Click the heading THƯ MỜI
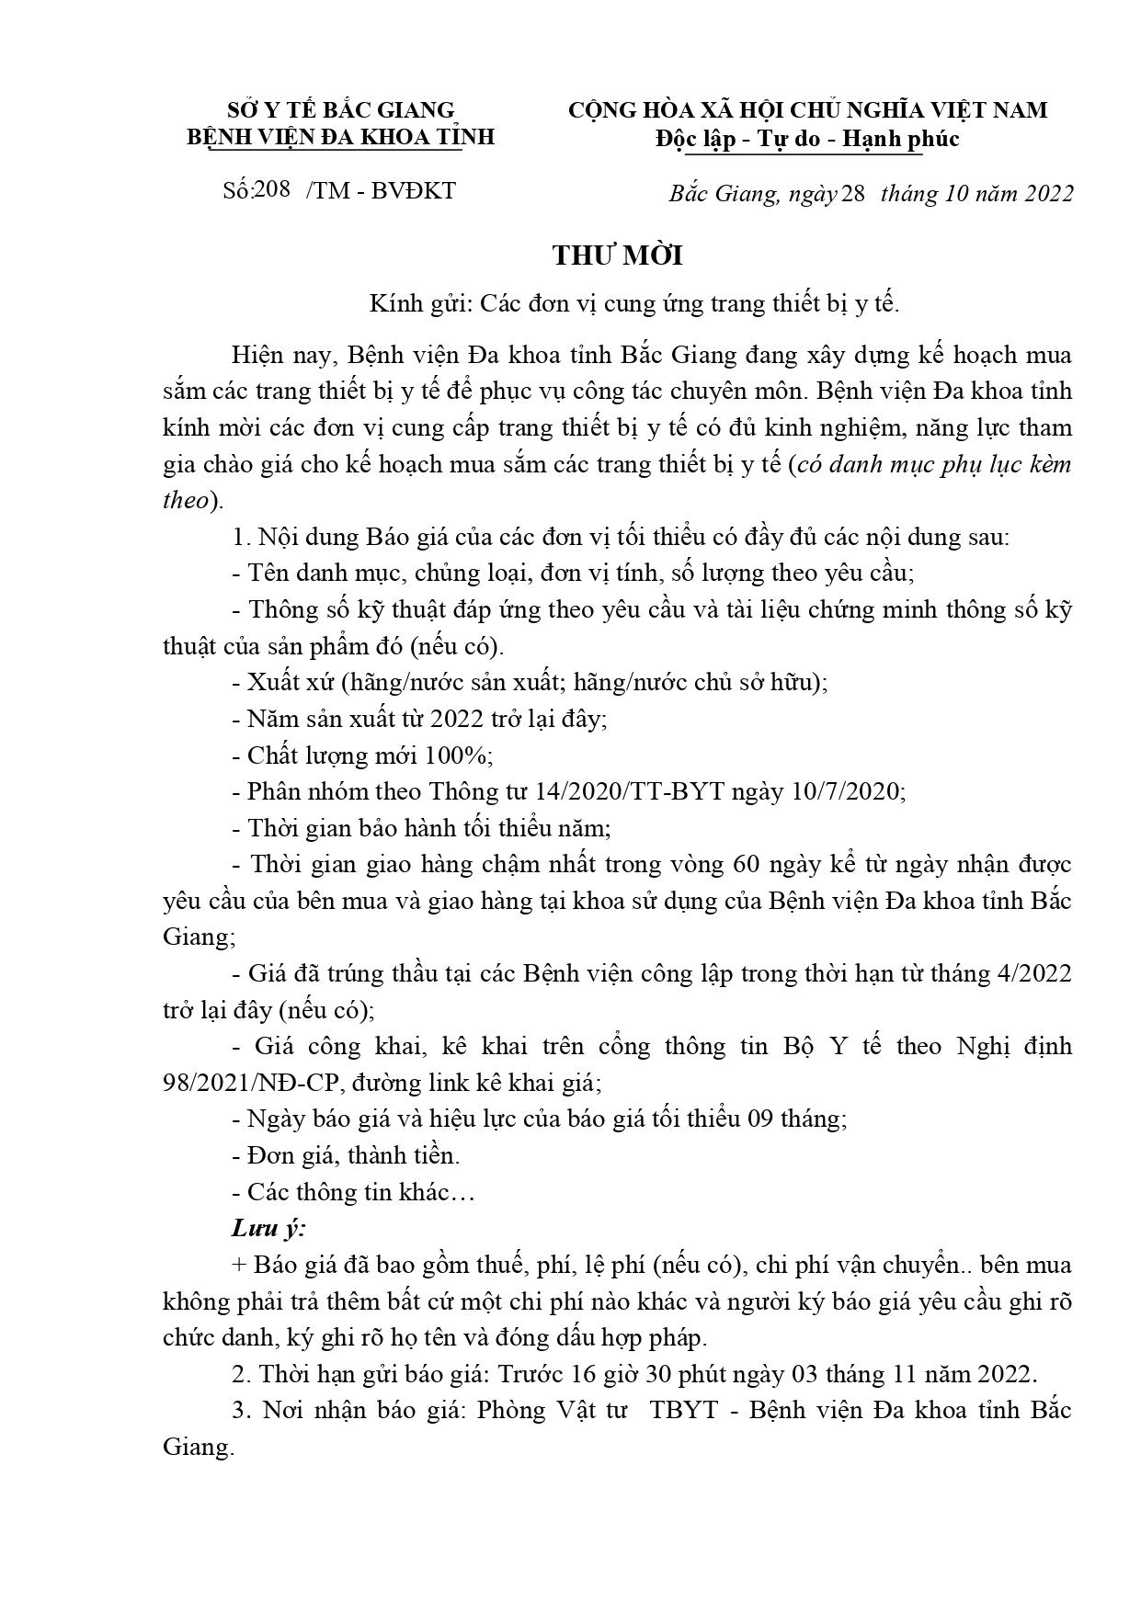(617, 256)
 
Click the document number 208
(270, 189)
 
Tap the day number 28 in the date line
(852, 194)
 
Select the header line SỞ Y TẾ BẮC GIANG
(341, 110)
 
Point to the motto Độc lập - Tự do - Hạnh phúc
(806, 139)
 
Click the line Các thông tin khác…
(359, 1192)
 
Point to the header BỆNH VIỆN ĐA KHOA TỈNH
(341, 137)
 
